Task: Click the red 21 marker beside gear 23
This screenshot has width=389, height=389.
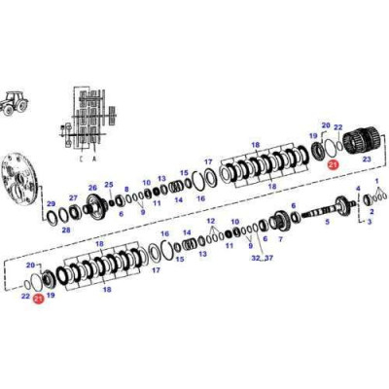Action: [333, 166]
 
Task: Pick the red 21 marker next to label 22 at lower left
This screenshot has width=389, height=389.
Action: [38, 301]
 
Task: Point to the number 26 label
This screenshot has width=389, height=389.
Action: [92, 189]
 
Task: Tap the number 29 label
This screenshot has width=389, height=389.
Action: [52, 204]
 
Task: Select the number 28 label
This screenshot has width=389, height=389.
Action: [65, 230]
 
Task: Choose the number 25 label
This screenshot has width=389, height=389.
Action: [109, 185]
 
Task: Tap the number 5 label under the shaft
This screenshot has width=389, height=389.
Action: [326, 222]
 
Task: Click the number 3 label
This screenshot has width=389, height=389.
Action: [369, 222]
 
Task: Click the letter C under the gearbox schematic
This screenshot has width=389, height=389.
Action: [80, 158]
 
